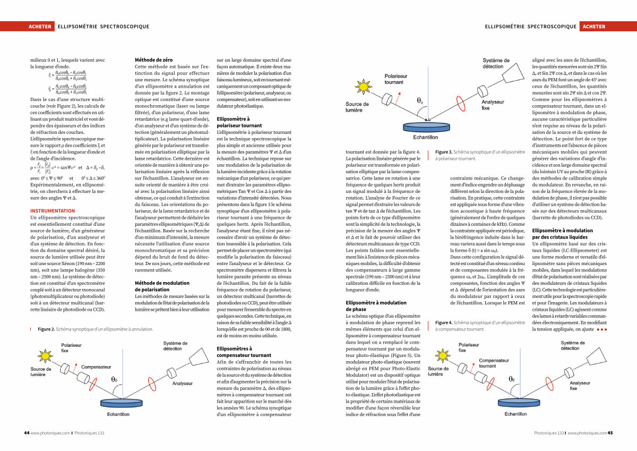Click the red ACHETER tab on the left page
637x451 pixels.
tap(41, 26)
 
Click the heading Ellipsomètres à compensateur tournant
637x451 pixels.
tap(244, 352)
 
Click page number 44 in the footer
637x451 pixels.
tap(27, 433)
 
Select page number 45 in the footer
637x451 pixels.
tap(610, 433)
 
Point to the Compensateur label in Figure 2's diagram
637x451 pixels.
tap(97, 367)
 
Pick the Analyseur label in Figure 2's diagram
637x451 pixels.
tap(182, 383)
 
